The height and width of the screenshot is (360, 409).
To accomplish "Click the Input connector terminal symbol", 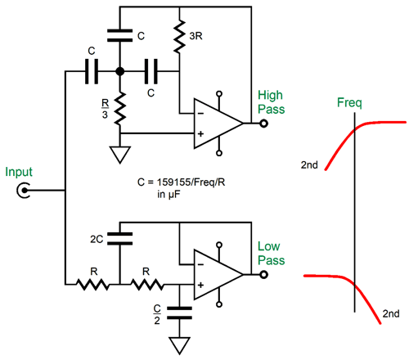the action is click(x=24, y=190).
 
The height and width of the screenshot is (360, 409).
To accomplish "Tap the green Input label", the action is click(x=19, y=173).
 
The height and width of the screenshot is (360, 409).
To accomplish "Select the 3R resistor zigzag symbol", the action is click(x=179, y=36).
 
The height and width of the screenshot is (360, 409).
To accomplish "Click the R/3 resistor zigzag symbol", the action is click(x=119, y=109).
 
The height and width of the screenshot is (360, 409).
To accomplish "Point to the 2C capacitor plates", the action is click(x=119, y=239).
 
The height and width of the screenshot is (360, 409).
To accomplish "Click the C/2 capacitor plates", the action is click(x=179, y=313).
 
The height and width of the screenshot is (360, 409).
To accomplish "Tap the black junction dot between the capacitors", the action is click(x=119, y=71).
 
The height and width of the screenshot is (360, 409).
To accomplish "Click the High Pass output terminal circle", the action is click(x=263, y=124).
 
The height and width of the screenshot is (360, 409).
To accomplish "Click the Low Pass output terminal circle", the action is click(x=263, y=275).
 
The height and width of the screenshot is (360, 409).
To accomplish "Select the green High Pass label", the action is click(x=271, y=102).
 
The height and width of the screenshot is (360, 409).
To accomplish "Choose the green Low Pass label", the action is click(x=271, y=254).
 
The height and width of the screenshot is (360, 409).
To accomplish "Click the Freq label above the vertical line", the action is click(x=349, y=103).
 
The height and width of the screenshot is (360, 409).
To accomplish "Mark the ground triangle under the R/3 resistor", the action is click(x=119, y=155).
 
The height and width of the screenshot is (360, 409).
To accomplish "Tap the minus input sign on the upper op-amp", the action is click(x=200, y=113).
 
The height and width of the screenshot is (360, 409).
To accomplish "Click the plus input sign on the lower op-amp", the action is click(x=200, y=285).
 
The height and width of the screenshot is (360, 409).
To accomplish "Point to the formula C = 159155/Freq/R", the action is click(x=181, y=182).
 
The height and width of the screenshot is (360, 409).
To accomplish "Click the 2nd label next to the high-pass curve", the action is click(x=309, y=165).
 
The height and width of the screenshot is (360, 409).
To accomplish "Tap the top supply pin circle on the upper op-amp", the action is click(x=219, y=94).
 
